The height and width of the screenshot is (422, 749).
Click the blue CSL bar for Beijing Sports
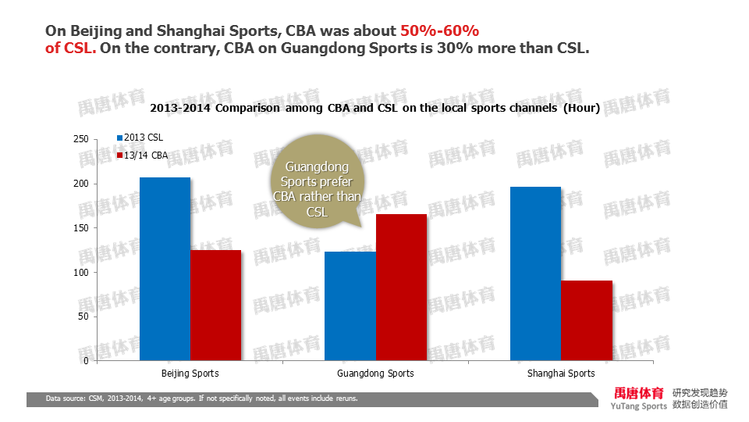pos(165,269)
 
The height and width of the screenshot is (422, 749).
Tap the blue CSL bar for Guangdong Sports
pos(350,306)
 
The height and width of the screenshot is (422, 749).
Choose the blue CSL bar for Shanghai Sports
pos(535,274)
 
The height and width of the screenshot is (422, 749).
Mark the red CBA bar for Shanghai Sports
pos(586,320)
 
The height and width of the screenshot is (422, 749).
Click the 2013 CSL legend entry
pos(140,138)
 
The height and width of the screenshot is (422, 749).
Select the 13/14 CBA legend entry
pos(142,156)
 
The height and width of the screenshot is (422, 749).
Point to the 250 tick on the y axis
pos(80,139)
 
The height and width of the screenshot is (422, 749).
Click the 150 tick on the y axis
pos(80,228)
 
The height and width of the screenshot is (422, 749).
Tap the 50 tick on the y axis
pos(83,316)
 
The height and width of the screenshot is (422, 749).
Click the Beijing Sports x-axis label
pos(190,374)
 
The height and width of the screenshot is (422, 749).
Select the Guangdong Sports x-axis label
pos(375,374)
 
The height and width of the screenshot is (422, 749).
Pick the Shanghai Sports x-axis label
pos(560,374)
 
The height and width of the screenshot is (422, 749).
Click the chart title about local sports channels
pos(374,109)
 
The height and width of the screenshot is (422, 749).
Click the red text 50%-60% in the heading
pos(439,31)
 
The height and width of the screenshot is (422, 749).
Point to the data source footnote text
pos(201,399)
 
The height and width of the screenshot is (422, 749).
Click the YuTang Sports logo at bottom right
pos(640,398)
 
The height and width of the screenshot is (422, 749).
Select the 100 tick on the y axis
pos(80,273)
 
